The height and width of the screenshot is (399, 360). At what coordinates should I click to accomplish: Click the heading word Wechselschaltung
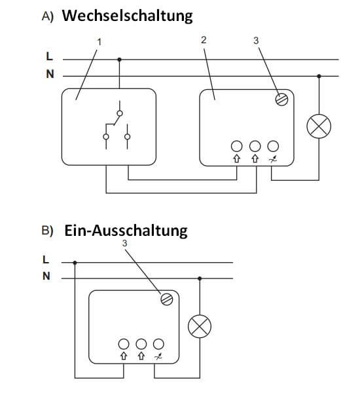tap(127, 16)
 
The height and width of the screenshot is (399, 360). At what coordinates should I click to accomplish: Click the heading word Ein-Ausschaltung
tap(126, 230)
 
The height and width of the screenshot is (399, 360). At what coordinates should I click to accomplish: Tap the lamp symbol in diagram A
tap(319, 128)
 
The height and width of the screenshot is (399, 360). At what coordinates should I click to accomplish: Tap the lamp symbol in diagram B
tap(199, 327)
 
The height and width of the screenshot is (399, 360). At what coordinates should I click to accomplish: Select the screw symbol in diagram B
tap(166, 299)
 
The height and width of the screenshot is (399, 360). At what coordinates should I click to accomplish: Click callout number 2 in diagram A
tap(204, 40)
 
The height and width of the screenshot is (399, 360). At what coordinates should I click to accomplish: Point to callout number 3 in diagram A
tap(256, 41)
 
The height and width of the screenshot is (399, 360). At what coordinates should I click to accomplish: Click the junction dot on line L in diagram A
tap(119, 59)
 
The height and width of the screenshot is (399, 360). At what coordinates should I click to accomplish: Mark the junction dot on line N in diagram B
tap(199, 278)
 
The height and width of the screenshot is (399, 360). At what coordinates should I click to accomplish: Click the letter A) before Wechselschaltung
tap(47, 17)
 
